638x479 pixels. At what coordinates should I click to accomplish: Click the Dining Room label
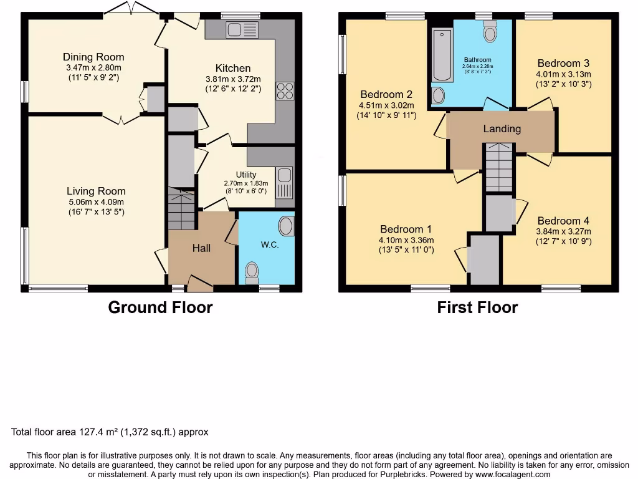93,57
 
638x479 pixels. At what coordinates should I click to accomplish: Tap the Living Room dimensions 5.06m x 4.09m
96,202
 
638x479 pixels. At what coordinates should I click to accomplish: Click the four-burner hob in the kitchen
285,91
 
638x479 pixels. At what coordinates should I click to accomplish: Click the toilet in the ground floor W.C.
252,271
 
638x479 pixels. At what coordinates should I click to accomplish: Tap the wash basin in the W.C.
286,226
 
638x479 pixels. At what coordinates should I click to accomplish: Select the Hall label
201,248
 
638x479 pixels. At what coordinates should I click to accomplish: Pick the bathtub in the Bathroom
442,54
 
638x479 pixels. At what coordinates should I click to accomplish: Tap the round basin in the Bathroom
439,95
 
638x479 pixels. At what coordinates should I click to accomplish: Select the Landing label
502,129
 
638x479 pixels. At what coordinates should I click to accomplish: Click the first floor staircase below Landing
498,167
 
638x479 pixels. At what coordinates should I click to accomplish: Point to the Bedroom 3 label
563,63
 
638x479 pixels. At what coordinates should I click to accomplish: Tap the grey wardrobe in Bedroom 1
484,259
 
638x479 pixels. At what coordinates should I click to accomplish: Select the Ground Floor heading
160,307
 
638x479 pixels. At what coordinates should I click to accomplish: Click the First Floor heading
477,307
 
